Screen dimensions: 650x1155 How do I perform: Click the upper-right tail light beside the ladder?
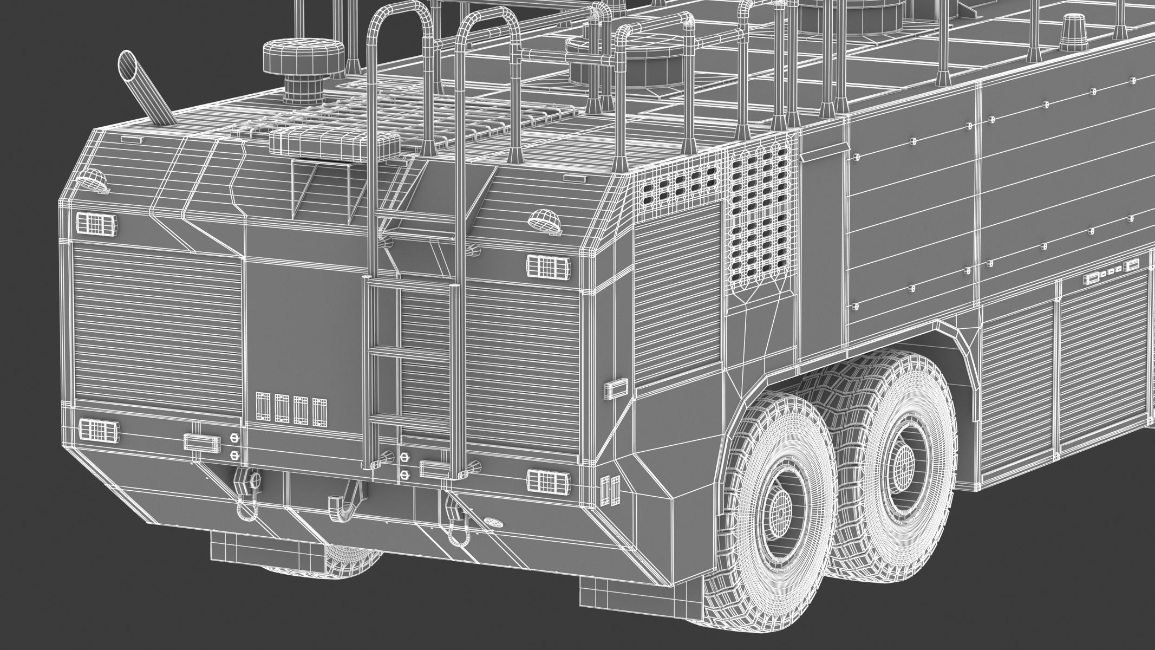coord(547,265)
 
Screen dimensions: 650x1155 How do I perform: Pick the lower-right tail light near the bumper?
coord(548,481)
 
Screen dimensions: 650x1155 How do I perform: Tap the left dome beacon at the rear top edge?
coord(93,179)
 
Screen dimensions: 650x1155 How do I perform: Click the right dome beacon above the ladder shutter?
coord(545,220)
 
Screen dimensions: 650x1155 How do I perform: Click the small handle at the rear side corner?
coord(617,388)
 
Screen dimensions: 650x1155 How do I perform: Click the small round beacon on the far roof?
coord(1065,26)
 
